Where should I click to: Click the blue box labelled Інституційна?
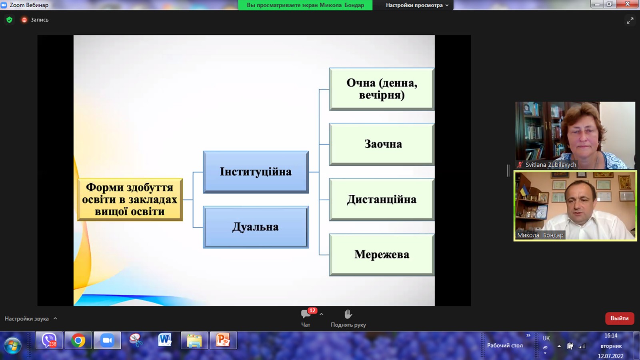pos(256,172)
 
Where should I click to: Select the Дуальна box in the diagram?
pos(256,227)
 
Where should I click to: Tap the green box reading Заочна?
pos(382,144)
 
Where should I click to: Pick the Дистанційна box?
pos(382,200)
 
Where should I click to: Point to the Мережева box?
pos(382,254)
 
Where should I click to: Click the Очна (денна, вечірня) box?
pos(382,89)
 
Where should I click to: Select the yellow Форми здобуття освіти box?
pos(130,200)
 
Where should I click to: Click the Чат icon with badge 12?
pos(306,314)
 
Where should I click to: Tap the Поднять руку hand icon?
pos(348,314)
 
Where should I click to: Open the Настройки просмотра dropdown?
pos(417,5)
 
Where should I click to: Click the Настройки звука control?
pos(31,318)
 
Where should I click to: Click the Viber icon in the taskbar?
pos(49,340)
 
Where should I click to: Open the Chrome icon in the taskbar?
pos(78,340)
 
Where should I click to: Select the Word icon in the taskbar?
pos(165,340)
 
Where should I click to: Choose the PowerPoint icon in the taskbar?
pos(223,340)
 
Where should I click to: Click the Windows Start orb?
pos(12,345)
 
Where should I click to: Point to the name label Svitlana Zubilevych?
pos(550,165)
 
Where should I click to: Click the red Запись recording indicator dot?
pos(24,20)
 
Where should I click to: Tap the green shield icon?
pos(10,20)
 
